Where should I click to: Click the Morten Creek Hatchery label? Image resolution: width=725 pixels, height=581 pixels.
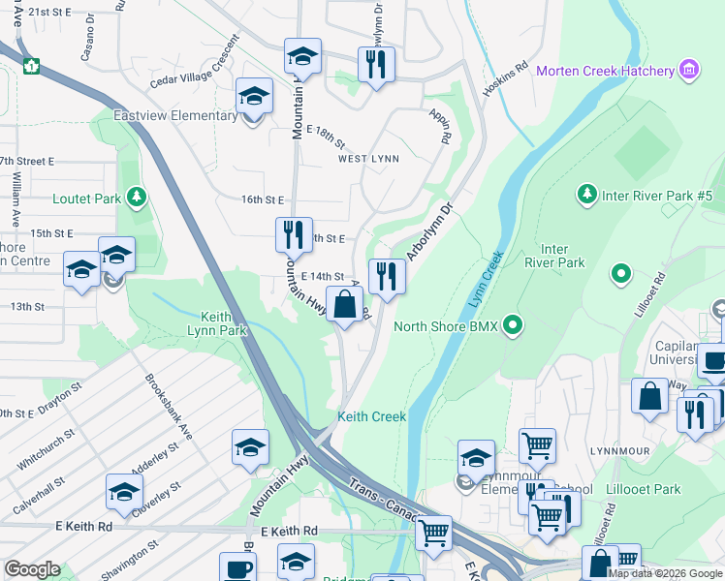tap(605, 71)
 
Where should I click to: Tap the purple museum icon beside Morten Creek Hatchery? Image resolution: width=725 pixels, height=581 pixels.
tap(689, 70)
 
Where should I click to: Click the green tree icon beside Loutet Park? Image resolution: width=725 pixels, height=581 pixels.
tap(137, 199)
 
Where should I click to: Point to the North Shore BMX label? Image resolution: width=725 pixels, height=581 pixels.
tap(445, 326)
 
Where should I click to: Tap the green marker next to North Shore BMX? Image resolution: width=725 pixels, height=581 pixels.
tap(514, 325)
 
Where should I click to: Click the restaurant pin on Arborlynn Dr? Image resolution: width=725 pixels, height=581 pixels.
tap(387, 277)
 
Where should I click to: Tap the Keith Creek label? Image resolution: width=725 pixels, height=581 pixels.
tap(371, 417)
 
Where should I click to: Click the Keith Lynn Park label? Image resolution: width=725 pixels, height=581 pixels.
tap(224, 323)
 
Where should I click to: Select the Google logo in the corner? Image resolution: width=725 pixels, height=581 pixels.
tap(32, 568)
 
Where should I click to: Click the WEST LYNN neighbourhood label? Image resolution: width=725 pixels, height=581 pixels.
tap(368, 159)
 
